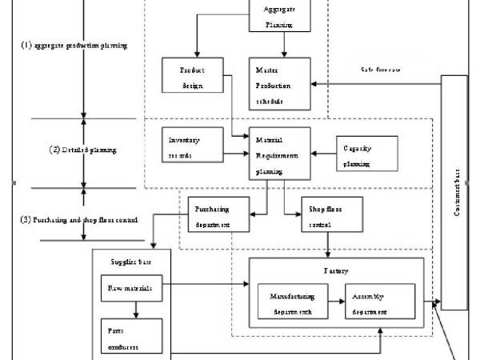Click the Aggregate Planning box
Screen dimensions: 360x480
pos(278,16)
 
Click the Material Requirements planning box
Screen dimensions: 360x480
pos(278,152)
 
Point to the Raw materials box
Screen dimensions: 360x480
pos(132,286)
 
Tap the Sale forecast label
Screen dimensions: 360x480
pos(382,70)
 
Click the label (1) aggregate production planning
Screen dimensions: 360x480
pos(74,46)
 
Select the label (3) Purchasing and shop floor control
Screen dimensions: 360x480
pos(79,219)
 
